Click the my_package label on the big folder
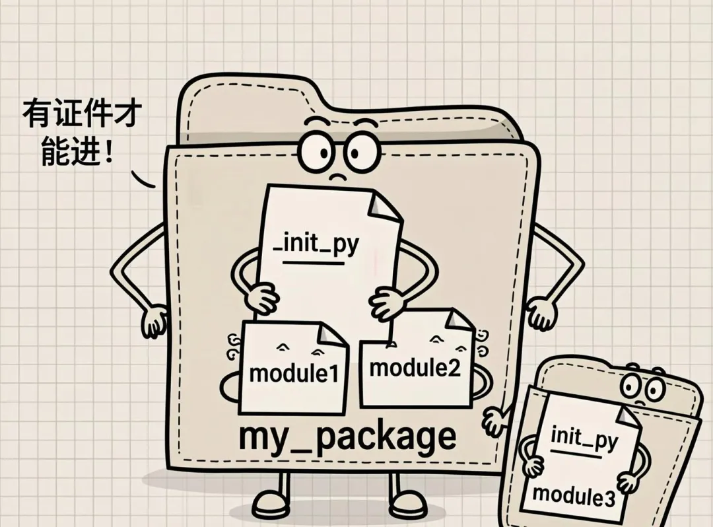pyautogui.click(x=347, y=437)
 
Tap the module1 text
pyautogui.click(x=294, y=373)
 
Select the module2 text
pyautogui.click(x=414, y=367)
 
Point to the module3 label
pyautogui.click(x=573, y=494)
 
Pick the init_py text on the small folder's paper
pyautogui.click(x=584, y=437)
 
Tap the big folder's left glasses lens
pyautogui.click(x=316, y=153)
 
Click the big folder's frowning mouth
pyautogui.click(x=337, y=176)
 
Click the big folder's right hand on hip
pyautogui.click(x=541, y=314)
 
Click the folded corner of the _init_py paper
pyautogui.click(x=385, y=205)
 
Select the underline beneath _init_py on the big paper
pyautogui.click(x=313, y=263)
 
